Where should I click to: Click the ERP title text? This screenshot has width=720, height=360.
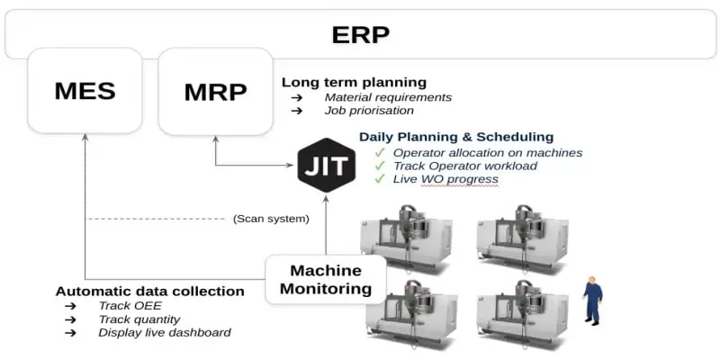360,35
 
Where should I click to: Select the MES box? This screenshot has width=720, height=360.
85,91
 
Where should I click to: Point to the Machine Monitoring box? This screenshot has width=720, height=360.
326,279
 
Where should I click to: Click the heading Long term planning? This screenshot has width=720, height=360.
354,82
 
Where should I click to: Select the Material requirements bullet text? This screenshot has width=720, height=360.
388,97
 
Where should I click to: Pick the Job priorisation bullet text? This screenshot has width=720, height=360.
369,111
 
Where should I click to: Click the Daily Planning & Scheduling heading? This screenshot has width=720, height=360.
456,137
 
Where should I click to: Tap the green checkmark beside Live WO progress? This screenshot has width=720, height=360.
381,179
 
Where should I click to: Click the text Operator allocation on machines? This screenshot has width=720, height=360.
488,152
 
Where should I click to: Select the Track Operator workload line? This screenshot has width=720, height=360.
465,166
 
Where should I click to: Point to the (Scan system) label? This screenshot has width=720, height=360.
271,218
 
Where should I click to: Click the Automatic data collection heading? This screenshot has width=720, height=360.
149,292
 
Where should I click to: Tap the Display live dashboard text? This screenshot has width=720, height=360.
165,332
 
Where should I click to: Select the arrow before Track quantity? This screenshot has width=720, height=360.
70,319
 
